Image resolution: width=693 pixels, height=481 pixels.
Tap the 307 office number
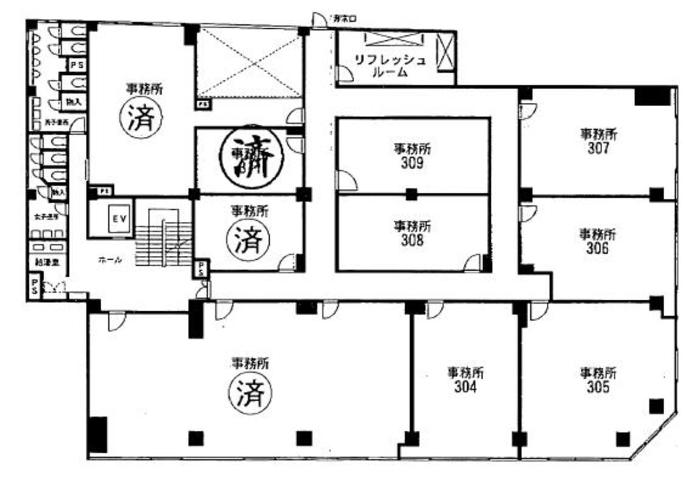tap(599, 148)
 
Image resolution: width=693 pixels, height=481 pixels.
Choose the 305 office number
tap(598, 387)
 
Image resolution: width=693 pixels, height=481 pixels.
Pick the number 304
tap(465, 387)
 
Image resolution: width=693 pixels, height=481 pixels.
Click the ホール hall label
tap(109, 260)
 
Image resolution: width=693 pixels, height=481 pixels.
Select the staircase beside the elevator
tap(164, 237)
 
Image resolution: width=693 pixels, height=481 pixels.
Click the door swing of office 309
tap(346, 181)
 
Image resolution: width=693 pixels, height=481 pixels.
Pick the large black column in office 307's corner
tap(653, 96)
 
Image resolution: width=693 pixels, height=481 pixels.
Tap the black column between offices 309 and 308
tap(411, 194)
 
